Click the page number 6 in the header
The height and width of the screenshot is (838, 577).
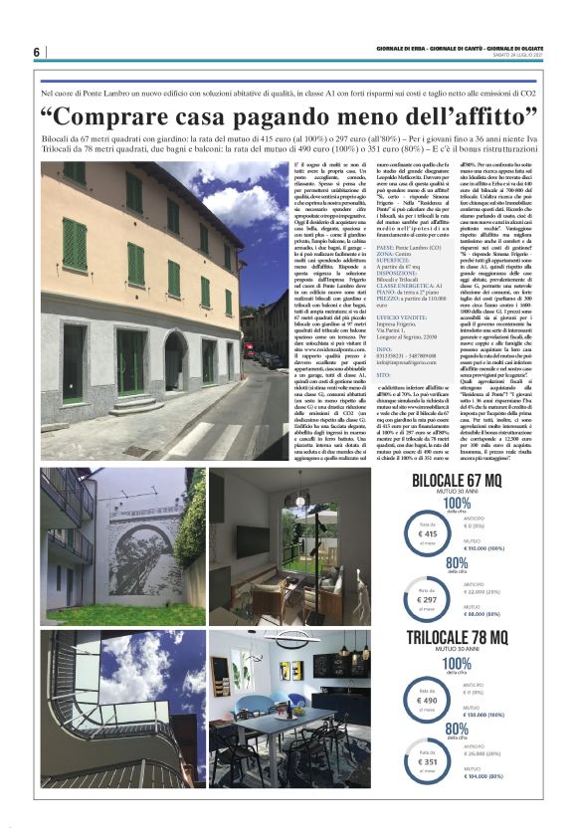pos(36,52)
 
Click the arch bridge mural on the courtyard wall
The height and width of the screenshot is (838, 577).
pos(141,548)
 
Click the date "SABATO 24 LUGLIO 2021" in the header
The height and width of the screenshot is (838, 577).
pos(517,56)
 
